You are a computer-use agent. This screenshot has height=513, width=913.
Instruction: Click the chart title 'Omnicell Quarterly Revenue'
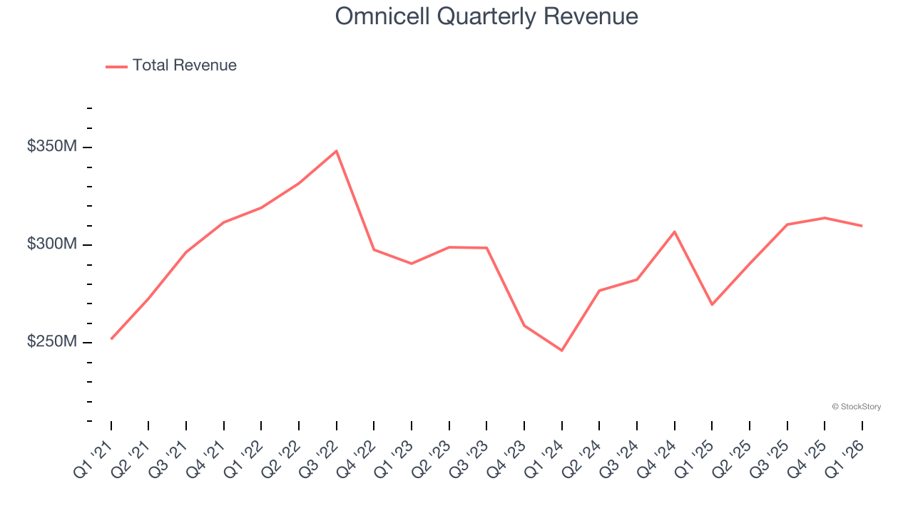point(486,16)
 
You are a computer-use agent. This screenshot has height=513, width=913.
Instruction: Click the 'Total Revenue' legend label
point(184,66)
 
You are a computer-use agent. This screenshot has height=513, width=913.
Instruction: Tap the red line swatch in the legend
point(116,66)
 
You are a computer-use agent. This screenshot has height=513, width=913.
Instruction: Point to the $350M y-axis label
point(51,147)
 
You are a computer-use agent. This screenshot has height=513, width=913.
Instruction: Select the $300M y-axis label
point(51,244)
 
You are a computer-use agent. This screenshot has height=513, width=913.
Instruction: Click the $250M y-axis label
point(51,342)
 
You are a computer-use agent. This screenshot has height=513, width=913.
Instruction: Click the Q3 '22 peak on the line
point(336,151)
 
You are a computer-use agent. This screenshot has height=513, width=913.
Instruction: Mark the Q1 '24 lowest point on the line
point(561,351)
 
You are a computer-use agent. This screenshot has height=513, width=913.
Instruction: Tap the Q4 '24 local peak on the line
point(674,232)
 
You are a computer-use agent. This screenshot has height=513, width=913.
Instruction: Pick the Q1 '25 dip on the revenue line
point(712,304)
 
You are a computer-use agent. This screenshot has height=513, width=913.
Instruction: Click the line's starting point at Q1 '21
point(111,338)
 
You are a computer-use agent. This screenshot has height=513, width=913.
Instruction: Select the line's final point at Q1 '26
point(862,226)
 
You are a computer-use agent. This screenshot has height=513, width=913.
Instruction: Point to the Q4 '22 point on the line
point(374,249)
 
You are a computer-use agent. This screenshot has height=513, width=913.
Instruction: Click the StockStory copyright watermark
point(856,407)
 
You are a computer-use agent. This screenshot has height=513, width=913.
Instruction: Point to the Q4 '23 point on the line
point(524,326)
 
